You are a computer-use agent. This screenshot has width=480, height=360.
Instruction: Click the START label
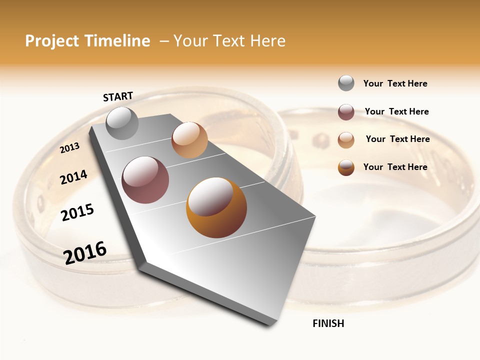click(x=118, y=96)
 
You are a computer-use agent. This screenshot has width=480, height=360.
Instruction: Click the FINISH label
click(x=328, y=323)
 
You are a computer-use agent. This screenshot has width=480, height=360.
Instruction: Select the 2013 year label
click(x=70, y=147)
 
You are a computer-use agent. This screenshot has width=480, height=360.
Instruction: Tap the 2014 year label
click(x=73, y=177)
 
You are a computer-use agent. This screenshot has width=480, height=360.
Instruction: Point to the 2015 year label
click(x=77, y=212)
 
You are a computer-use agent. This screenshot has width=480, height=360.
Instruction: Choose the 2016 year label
click(x=85, y=252)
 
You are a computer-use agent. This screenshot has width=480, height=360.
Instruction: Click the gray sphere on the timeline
click(x=122, y=123)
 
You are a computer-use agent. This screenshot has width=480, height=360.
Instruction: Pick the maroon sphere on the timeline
click(x=145, y=180)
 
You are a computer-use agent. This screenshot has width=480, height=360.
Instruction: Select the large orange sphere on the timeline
click(x=216, y=207)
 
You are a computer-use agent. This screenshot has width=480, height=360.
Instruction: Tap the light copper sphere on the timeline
click(x=189, y=140)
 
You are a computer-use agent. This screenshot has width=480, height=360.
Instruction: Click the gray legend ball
click(x=346, y=83)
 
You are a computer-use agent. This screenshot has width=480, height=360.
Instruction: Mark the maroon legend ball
click(x=346, y=112)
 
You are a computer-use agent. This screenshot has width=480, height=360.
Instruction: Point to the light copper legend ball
click(x=346, y=140)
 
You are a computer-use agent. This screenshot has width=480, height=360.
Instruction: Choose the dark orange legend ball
click(x=346, y=167)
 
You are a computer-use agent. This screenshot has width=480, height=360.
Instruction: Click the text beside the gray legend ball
click(x=395, y=83)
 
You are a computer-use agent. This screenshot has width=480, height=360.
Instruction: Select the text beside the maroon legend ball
click(x=396, y=111)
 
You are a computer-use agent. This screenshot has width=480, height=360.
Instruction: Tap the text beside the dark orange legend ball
click(x=395, y=167)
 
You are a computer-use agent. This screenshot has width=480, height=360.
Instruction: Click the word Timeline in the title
click(x=118, y=41)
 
